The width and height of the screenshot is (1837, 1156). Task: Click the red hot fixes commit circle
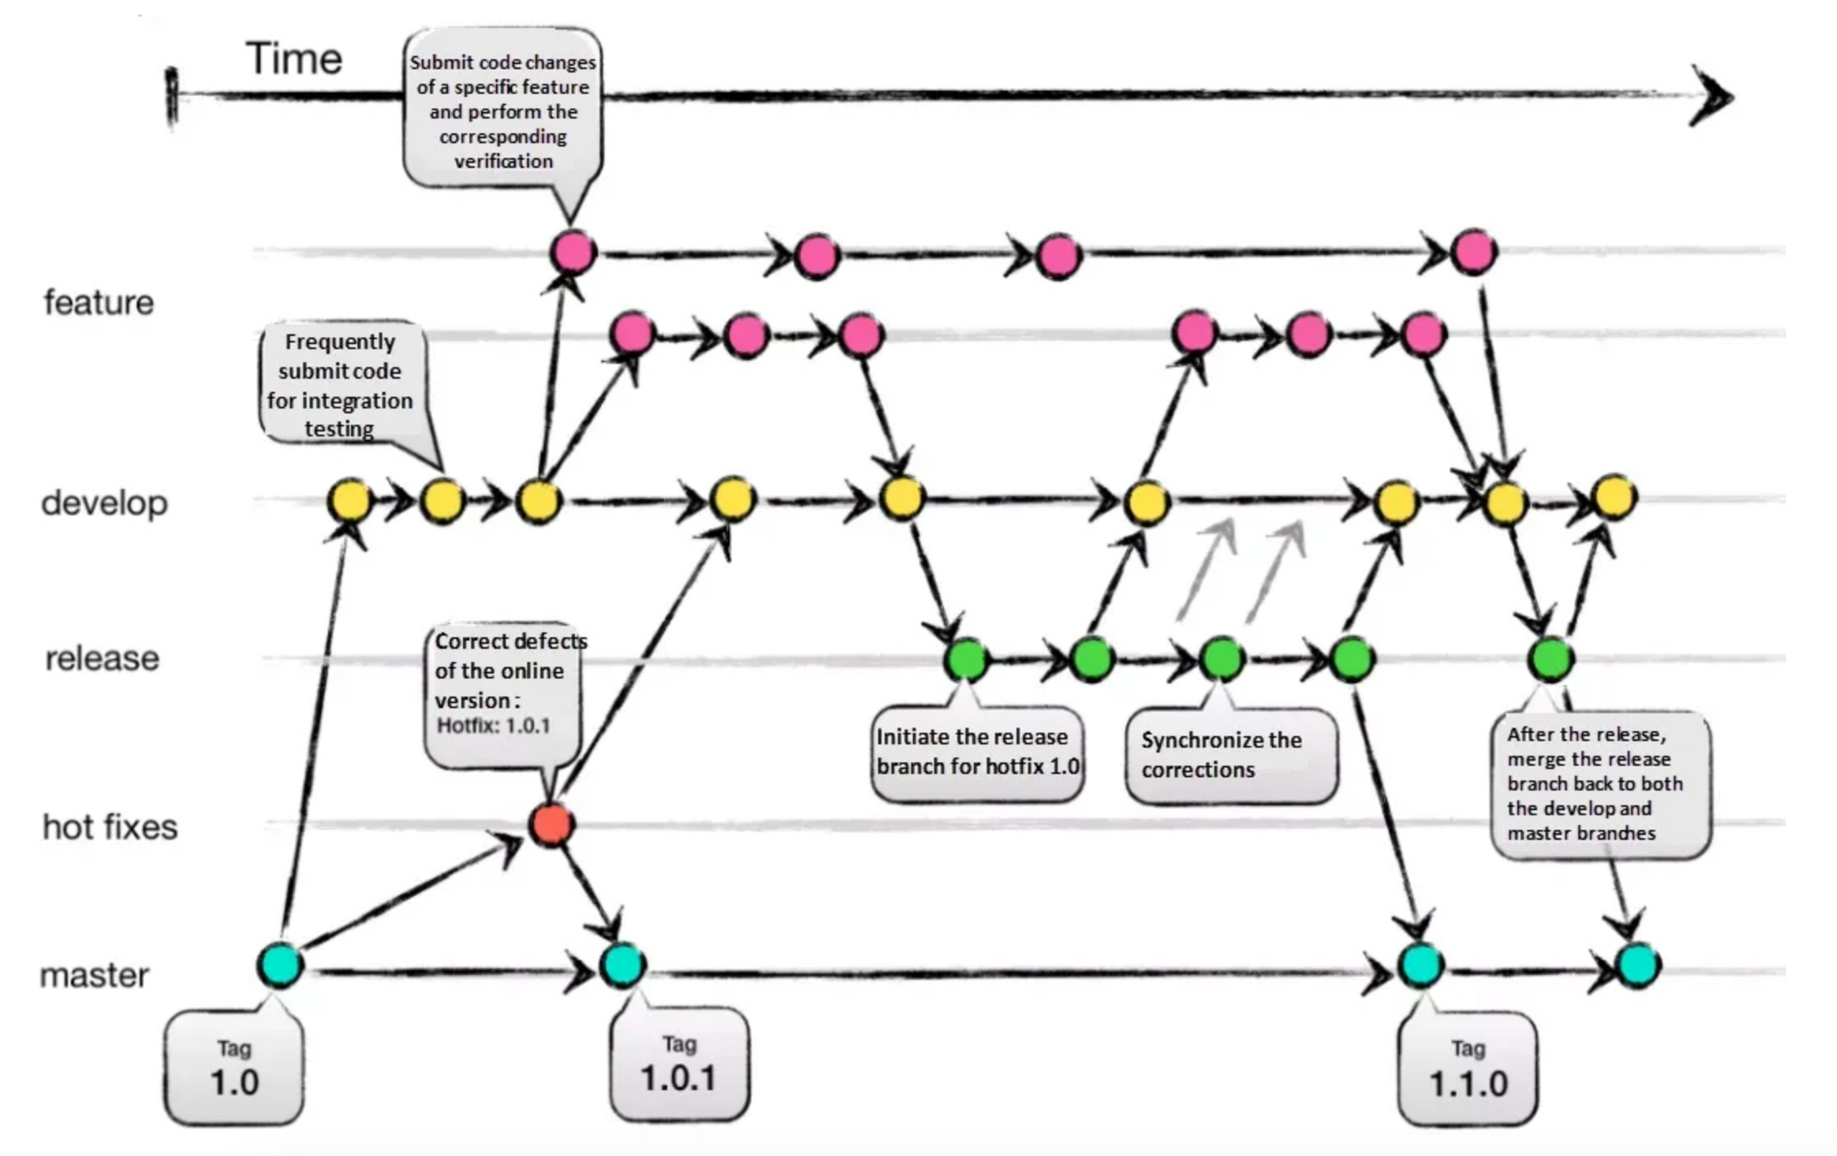[x=551, y=824]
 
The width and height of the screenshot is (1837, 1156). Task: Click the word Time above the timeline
[x=294, y=60]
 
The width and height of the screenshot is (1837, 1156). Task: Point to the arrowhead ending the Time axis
[x=1713, y=95]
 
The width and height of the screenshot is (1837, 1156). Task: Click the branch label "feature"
[x=99, y=302]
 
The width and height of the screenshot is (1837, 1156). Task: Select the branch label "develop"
[x=105, y=503]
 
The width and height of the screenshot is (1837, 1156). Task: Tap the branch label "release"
[x=102, y=658]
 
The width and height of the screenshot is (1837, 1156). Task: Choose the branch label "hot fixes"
[x=110, y=827]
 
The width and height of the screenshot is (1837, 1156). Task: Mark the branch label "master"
[x=95, y=975]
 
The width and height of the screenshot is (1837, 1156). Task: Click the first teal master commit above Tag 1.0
[x=279, y=965]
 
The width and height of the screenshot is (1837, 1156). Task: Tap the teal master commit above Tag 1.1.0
[x=1421, y=965]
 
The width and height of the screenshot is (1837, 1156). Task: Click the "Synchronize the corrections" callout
[x=1231, y=756]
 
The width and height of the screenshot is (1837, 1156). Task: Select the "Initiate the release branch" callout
[x=977, y=752]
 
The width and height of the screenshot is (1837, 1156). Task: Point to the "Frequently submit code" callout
[x=341, y=384]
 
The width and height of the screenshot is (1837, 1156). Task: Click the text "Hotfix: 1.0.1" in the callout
[x=493, y=726]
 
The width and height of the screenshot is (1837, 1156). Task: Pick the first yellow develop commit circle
[x=350, y=501]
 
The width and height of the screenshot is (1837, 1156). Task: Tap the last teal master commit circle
[x=1638, y=965]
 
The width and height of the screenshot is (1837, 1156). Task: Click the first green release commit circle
[x=966, y=658]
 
